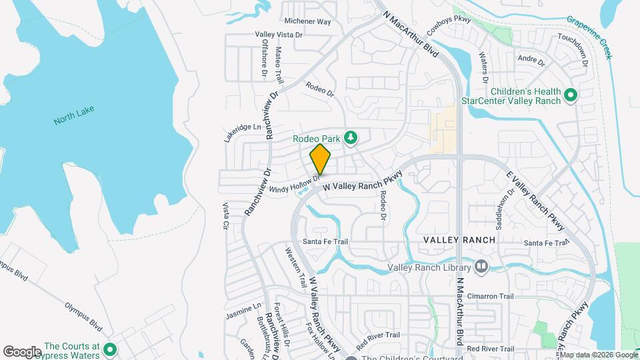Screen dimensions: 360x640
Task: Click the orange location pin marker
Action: [321, 159]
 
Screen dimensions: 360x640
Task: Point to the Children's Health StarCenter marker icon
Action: [570, 97]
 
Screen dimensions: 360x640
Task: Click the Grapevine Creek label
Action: [589, 37]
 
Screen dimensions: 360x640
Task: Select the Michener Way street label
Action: [307, 22]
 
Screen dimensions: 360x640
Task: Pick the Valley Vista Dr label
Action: [279, 35]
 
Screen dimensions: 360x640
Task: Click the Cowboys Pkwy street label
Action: [449, 29]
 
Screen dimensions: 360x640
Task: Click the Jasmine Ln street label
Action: [243, 311]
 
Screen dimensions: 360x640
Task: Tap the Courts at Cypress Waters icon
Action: [109, 349]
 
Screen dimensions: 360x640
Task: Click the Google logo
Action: [23, 351]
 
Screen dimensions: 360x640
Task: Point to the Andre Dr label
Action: [531, 61]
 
